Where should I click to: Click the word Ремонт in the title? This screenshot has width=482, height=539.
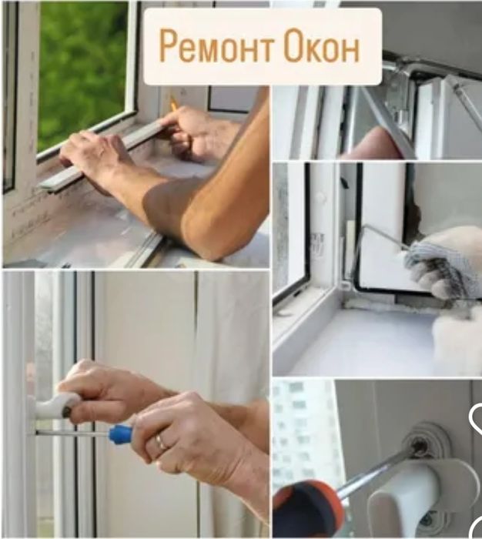pos(217,46)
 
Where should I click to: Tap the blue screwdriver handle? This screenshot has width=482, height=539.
pos(121,433)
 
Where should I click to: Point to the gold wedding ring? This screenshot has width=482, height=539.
pos(160,442)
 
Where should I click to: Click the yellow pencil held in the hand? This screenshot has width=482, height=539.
pos(173,102)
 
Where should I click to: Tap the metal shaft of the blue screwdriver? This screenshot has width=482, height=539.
pos(72,434)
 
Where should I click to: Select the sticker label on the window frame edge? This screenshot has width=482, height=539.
pos(318,243)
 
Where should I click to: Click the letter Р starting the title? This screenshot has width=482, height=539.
pos(169,46)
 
